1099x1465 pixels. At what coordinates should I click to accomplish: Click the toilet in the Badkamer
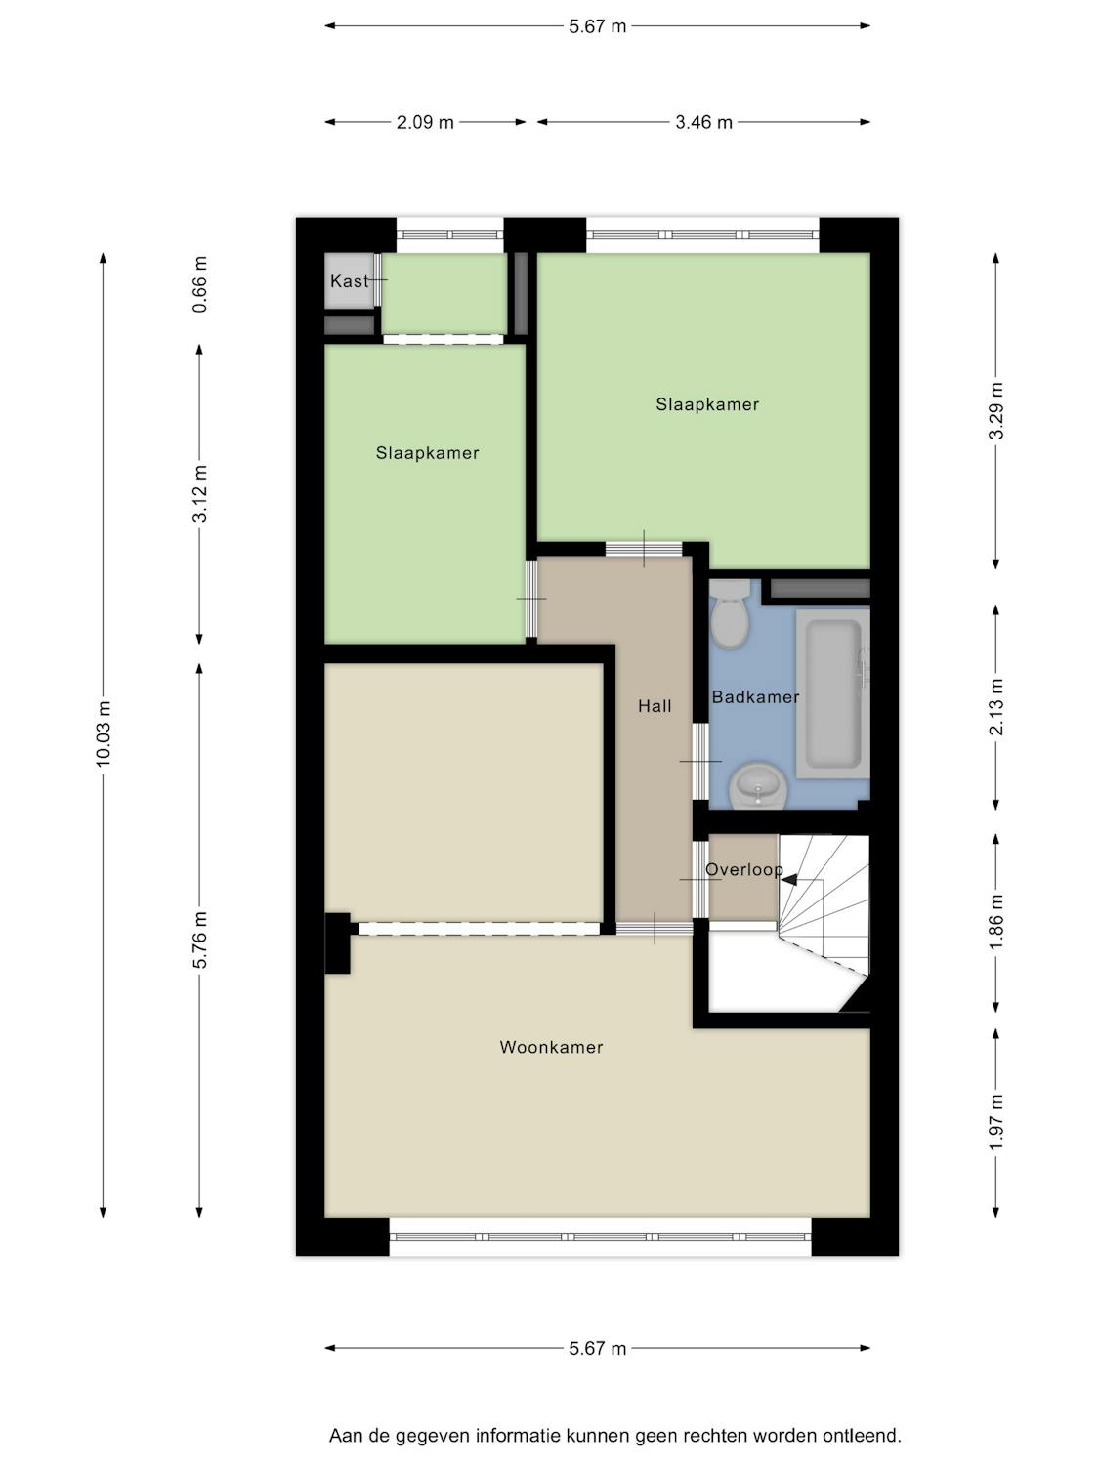click(730, 612)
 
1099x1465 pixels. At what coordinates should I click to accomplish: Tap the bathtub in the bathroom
click(832, 694)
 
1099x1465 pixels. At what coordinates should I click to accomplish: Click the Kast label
click(349, 281)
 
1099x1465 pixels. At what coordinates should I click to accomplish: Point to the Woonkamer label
click(551, 1047)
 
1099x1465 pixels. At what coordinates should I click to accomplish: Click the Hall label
click(655, 706)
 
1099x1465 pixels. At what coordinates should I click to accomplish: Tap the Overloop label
click(743, 869)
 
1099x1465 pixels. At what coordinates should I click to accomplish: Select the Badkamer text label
click(755, 697)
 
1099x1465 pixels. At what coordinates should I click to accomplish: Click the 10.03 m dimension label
click(104, 733)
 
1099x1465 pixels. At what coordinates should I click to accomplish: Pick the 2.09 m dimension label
click(425, 122)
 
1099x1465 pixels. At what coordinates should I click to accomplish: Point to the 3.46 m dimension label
click(703, 122)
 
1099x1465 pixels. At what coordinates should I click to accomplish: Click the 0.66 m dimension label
click(199, 284)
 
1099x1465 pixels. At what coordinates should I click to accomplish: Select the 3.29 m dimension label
click(995, 411)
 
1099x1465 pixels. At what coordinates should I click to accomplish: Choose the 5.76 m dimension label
click(199, 940)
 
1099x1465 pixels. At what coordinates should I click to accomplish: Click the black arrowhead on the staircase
click(790, 880)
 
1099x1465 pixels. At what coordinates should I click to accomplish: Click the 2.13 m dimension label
click(995, 707)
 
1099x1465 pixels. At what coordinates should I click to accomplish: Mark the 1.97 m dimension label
click(995, 1123)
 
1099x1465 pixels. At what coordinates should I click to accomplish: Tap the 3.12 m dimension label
click(199, 493)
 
